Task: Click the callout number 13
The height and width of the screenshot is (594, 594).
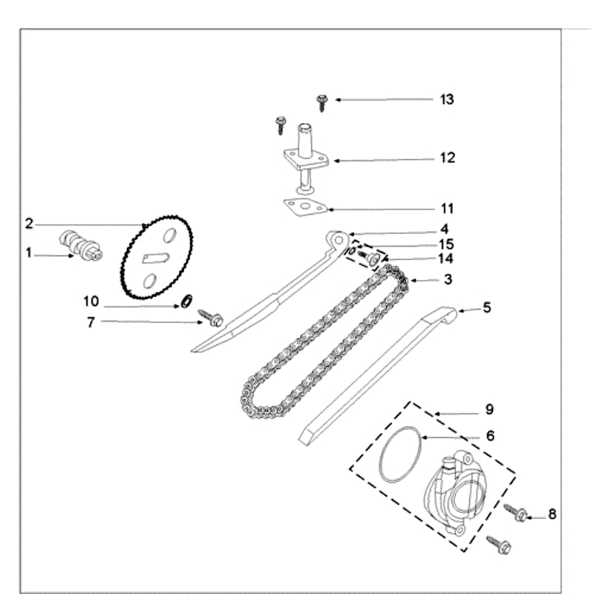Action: click(447, 99)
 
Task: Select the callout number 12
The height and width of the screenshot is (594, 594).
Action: click(447, 158)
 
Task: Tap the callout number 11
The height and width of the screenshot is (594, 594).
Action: click(447, 209)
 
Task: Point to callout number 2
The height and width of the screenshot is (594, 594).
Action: click(29, 223)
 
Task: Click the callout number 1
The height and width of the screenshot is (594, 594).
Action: click(29, 253)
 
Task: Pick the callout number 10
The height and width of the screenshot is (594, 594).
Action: click(91, 301)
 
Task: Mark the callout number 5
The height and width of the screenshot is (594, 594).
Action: click(487, 307)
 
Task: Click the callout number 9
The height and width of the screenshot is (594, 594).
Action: click(489, 409)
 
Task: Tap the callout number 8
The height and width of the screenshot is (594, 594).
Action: click(552, 514)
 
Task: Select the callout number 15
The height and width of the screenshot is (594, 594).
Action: click(446, 244)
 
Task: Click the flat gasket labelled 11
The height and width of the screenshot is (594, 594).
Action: click(304, 208)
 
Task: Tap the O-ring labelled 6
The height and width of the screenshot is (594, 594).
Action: click(401, 454)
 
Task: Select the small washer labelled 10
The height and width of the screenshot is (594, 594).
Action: click(186, 301)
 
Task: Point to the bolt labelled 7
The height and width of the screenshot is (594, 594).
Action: click(212, 319)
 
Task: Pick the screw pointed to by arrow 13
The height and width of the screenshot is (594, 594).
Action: click(322, 102)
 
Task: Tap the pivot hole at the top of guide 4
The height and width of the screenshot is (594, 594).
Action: click(339, 239)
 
